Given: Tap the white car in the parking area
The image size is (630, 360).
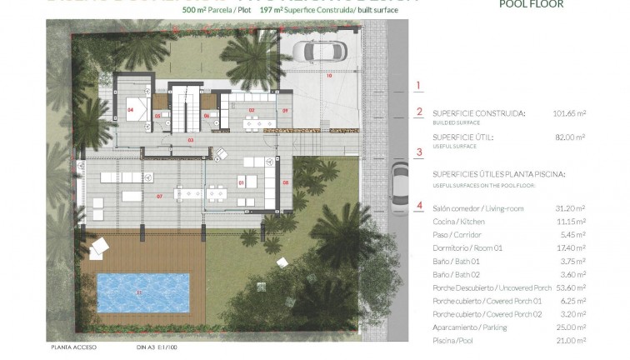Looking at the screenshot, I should (x=316, y=52).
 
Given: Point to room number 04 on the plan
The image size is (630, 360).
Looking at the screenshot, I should (x=132, y=109).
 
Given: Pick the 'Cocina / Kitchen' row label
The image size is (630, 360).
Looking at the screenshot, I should (x=457, y=222).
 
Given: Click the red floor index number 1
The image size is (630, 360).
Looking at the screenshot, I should (x=420, y=85).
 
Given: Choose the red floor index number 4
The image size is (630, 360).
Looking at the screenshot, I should (x=420, y=205).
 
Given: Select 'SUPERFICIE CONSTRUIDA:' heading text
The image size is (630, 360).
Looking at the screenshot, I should (x=477, y=112).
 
